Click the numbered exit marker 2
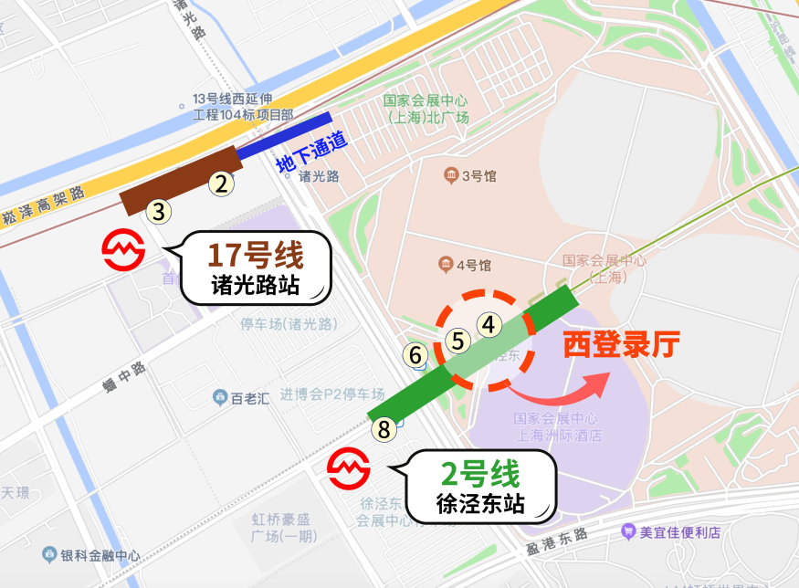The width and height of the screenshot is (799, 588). click(x=220, y=184)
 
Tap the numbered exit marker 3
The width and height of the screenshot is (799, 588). click(x=159, y=212)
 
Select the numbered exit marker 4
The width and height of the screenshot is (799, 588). click(x=489, y=324)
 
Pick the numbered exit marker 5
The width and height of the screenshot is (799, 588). click(x=458, y=341)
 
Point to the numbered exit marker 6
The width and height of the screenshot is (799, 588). click(x=415, y=355)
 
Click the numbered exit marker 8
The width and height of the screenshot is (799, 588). click(x=384, y=428)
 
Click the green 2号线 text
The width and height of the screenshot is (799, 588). click(x=480, y=474)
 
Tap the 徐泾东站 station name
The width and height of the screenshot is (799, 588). click(x=480, y=503)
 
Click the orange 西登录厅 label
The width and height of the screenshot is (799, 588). click(x=621, y=344)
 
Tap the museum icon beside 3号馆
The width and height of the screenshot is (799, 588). click(x=450, y=174)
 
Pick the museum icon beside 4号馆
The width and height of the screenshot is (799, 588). click(x=445, y=265)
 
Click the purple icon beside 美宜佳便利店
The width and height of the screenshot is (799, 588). click(x=628, y=531)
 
